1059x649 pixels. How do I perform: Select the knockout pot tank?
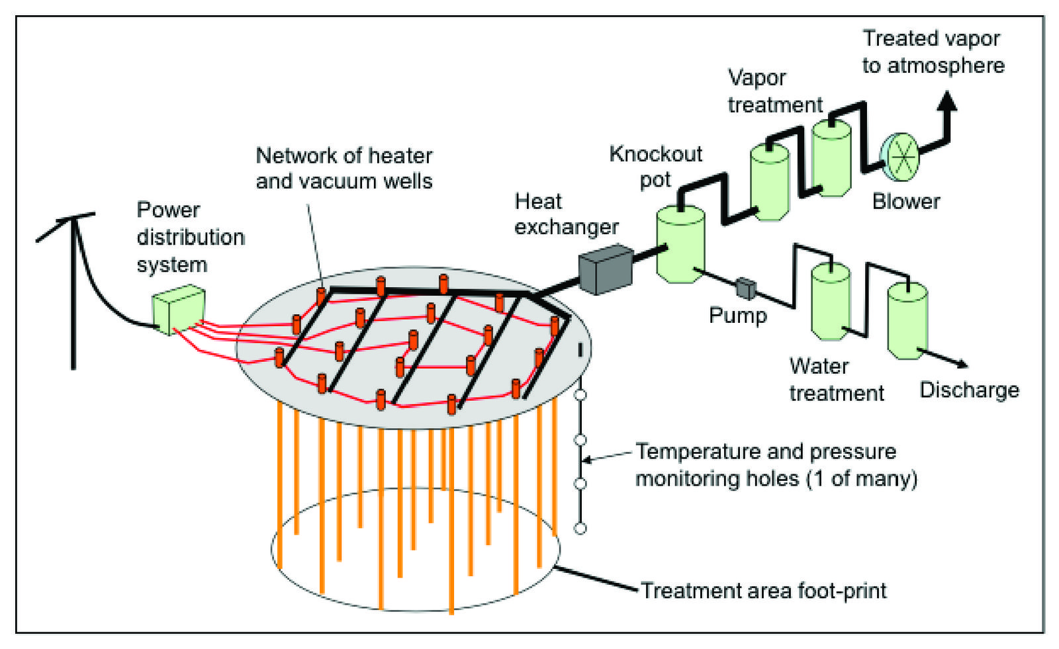click(680, 244)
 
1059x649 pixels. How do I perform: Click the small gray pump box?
click(746, 288)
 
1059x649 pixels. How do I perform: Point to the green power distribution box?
click(179, 309)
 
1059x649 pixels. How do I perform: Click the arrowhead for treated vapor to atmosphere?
click(948, 101)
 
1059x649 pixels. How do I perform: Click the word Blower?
click(905, 201)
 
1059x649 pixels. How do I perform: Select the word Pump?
click(737, 316)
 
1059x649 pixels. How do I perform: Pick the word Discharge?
click(969, 390)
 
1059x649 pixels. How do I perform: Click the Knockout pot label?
click(655, 167)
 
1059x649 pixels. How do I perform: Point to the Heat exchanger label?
click(566, 214)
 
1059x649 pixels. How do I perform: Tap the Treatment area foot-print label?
click(764, 591)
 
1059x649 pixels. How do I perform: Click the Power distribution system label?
click(190, 237)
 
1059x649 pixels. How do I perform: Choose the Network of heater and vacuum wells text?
click(344, 168)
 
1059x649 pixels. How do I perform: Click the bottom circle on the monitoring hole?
click(580, 528)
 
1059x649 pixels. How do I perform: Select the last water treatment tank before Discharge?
click(907, 321)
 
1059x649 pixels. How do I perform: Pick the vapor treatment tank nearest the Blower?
click(831, 157)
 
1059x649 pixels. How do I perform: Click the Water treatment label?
click(836, 380)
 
